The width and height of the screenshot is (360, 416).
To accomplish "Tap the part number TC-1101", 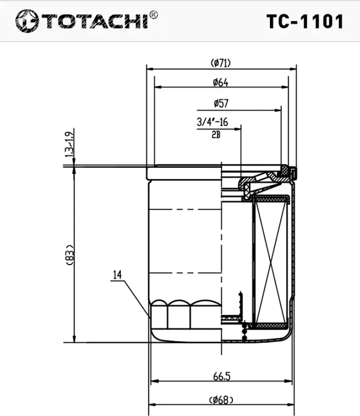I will tap(304, 21).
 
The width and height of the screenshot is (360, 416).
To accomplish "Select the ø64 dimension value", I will tap(220, 83).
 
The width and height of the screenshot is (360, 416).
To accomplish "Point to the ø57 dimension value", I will tap(220, 104).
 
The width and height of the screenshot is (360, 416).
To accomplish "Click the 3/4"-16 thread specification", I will tap(212, 122).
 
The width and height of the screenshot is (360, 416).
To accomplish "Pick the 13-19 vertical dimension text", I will tap(69, 144).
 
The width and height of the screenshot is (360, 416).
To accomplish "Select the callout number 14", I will tap(117, 275).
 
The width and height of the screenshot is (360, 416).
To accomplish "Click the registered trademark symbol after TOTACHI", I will tap(154, 15).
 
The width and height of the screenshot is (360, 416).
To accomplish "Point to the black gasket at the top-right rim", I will tap(285, 169).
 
